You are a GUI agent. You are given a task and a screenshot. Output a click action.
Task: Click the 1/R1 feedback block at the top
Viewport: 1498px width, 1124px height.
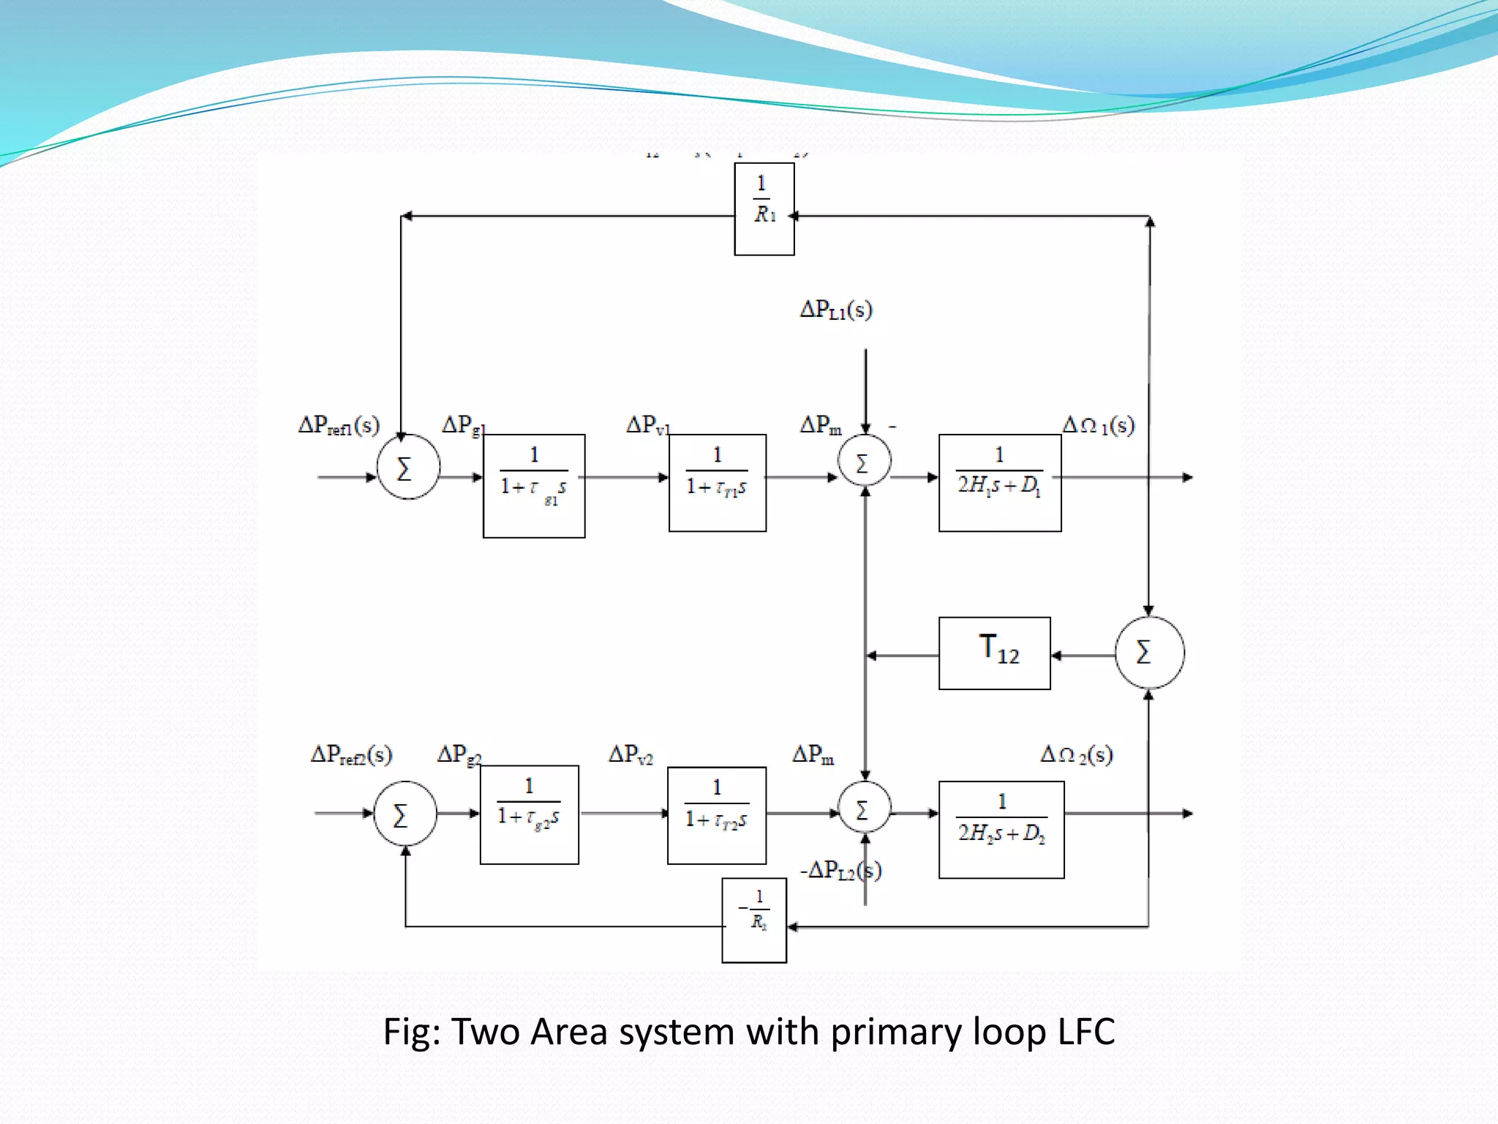point(764,209)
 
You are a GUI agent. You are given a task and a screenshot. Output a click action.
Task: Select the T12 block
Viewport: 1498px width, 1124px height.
point(995,653)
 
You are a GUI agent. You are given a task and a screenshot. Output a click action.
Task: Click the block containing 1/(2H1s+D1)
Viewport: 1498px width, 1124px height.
point(1000,483)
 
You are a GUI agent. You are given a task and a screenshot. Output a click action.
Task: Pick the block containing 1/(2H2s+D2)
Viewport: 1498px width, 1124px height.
point(1001,829)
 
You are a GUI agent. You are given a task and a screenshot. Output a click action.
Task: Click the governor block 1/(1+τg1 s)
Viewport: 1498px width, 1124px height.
point(534,486)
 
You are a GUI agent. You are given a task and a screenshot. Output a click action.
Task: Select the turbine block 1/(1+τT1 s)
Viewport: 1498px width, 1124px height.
point(718,483)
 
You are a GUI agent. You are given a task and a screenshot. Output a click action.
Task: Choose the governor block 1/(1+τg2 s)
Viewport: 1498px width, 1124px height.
point(530,814)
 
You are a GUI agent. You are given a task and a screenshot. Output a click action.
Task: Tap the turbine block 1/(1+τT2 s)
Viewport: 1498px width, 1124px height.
point(717,815)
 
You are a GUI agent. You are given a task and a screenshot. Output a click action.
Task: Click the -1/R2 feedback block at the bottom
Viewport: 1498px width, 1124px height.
point(754,920)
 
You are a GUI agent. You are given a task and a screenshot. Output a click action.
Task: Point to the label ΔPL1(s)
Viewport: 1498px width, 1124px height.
point(836,310)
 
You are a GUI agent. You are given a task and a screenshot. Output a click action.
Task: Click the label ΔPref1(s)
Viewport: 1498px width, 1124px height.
point(339,425)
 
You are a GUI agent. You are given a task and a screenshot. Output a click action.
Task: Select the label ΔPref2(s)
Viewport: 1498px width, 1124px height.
point(351,754)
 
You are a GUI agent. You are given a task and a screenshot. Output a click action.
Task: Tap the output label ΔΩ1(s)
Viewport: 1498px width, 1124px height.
point(1098,425)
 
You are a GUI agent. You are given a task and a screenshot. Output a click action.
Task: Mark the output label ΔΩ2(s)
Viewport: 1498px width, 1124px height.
point(1077,754)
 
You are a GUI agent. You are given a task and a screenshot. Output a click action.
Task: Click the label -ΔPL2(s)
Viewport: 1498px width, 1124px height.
point(840,870)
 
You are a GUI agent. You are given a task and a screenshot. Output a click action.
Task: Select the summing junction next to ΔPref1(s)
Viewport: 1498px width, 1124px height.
point(408,467)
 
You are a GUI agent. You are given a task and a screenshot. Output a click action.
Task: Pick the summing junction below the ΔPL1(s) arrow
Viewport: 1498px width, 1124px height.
point(865,461)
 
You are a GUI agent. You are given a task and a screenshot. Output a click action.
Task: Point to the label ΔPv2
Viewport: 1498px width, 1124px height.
point(631,754)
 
